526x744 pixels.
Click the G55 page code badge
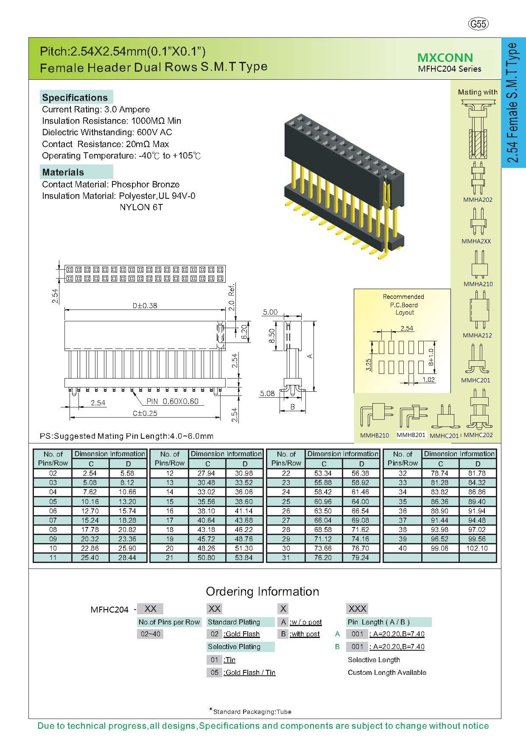[x=478, y=24]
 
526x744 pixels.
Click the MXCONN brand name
[x=445, y=58]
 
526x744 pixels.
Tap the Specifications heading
[x=75, y=98]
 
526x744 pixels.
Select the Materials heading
[x=63, y=172]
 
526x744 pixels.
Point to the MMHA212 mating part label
[x=477, y=335]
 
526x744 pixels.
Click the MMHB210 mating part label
[x=374, y=435]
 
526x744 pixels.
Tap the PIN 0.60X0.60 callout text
[x=172, y=401]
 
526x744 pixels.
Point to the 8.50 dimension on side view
[x=273, y=336]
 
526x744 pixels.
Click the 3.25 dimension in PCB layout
[x=368, y=364]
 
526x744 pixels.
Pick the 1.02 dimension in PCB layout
[x=428, y=379]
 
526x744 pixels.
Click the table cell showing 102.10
[x=478, y=548]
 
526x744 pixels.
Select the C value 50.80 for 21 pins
[x=207, y=557]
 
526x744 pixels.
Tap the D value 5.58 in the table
[x=128, y=473]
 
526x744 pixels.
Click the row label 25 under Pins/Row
[x=286, y=501]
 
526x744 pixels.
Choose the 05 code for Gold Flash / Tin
[x=214, y=672]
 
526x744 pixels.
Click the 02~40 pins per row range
[x=150, y=634]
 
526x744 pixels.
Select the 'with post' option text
[x=305, y=634]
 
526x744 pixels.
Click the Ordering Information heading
[x=262, y=591]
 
